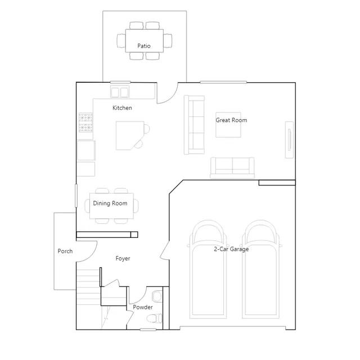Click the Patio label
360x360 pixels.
click(144, 46)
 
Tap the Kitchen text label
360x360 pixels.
click(122, 108)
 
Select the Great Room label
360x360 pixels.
click(231, 120)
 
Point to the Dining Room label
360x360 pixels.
click(110, 204)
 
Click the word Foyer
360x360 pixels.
click(123, 259)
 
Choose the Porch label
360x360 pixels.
click(65, 251)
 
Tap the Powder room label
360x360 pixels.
click(143, 307)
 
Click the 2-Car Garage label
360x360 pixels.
click(231, 249)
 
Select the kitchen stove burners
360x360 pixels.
click(86, 123)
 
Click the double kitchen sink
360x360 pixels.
click(120, 92)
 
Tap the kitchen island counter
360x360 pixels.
click(130, 136)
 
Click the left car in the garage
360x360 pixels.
click(208, 269)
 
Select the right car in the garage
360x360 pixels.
click(261, 269)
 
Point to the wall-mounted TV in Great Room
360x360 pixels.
click(289, 140)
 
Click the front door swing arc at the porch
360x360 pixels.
click(91, 256)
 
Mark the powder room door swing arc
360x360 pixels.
click(142, 299)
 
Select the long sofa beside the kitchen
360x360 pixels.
click(194, 125)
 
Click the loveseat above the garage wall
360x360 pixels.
click(232, 168)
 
